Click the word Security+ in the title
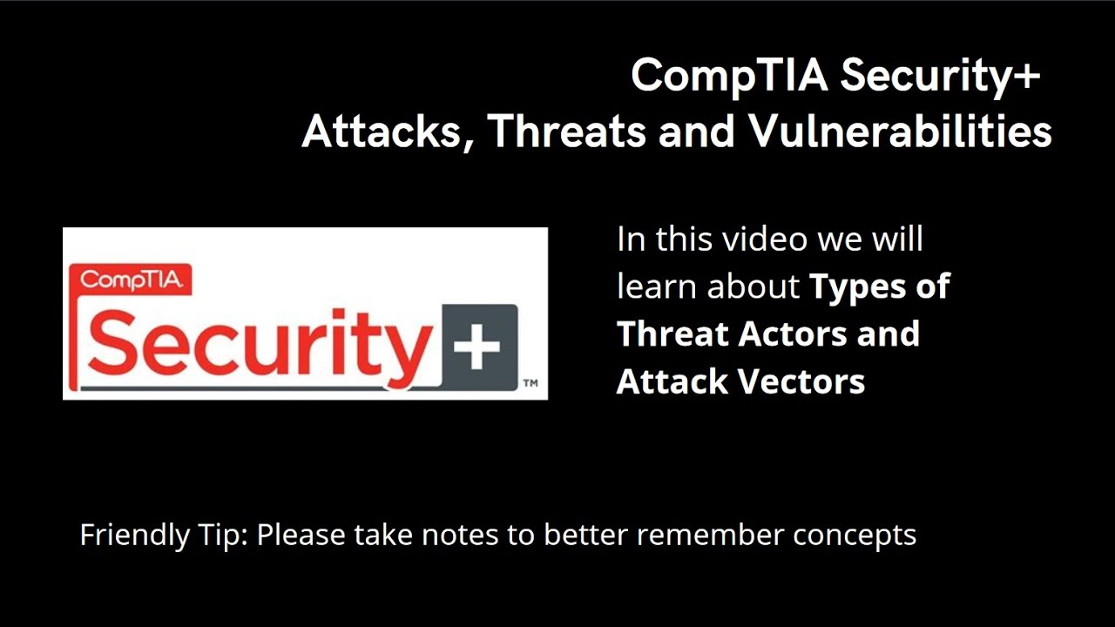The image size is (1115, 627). (941, 77)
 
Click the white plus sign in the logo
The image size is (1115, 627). (476, 347)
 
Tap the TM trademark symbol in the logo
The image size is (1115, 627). (529, 383)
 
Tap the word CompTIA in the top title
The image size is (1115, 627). (728, 77)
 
